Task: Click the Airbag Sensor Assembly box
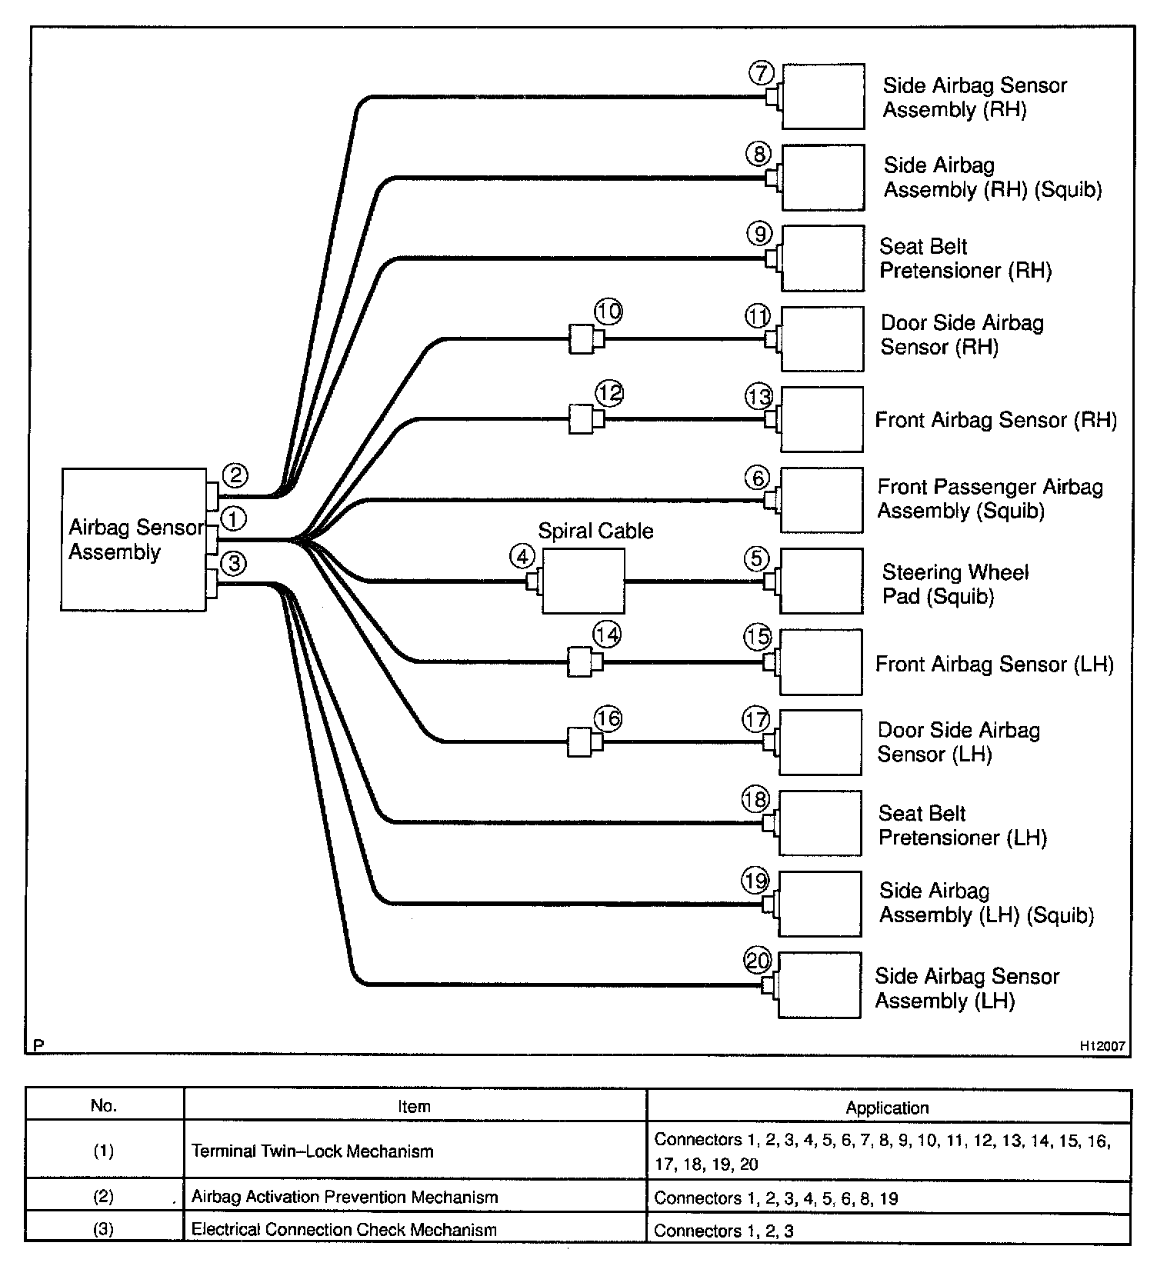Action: (x=133, y=539)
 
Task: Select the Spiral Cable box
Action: (x=583, y=581)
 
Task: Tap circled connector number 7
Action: (x=761, y=73)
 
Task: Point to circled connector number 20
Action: (x=758, y=961)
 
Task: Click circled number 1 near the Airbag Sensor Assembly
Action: (x=234, y=519)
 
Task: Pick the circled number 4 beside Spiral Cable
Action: (x=523, y=556)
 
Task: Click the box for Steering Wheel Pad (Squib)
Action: (x=822, y=581)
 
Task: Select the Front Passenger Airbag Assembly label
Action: (x=990, y=498)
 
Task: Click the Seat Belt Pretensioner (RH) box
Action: (x=822, y=258)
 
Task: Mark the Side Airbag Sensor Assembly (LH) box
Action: (x=819, y=985)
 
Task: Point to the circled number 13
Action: (x=759, y=397)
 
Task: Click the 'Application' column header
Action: (x=887, y=1108)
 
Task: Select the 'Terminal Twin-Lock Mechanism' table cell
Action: (x=312, y=1151)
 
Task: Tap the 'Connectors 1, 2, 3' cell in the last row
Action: (x=723, y=1231)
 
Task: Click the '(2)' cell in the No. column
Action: (x=104, y=1197)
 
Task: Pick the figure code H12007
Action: (x=1102, y=1046)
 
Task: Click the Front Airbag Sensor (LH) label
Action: (x=994, y=664)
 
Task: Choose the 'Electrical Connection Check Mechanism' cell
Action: (x=344, y=1230)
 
